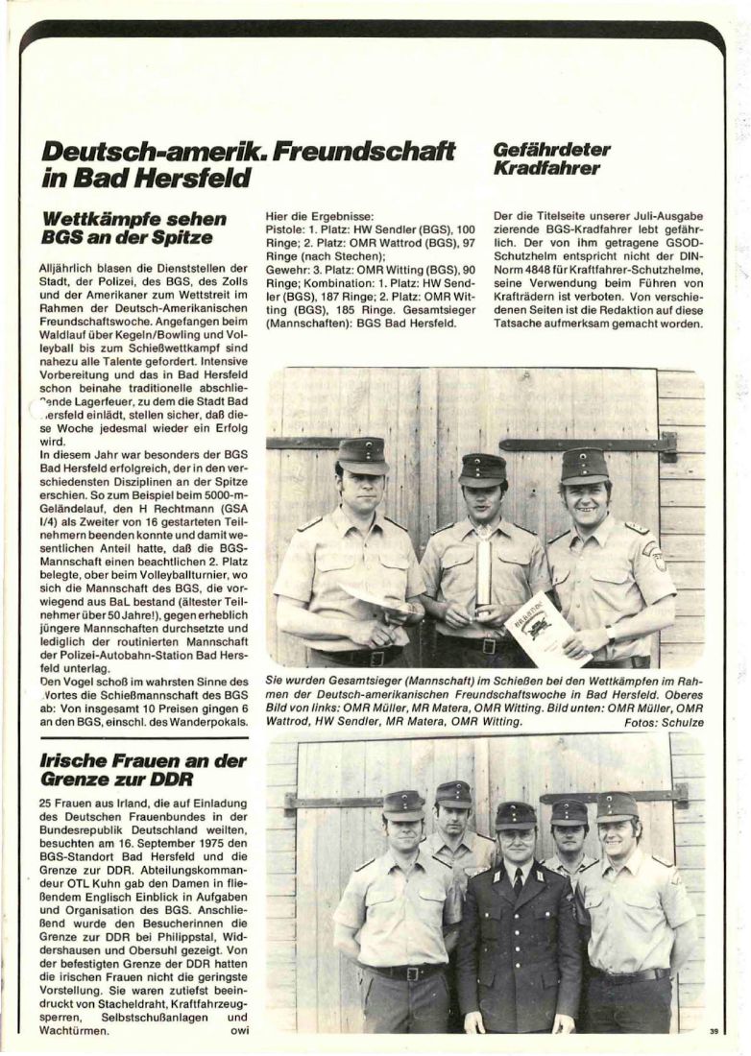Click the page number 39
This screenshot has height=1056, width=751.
point(714,1031)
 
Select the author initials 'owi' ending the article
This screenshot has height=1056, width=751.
point(235,1031)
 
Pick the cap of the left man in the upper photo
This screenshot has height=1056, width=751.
point(361,454)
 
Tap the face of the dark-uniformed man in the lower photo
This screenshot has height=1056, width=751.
point(516,846)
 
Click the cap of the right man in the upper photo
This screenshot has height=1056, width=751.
point(585,465)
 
